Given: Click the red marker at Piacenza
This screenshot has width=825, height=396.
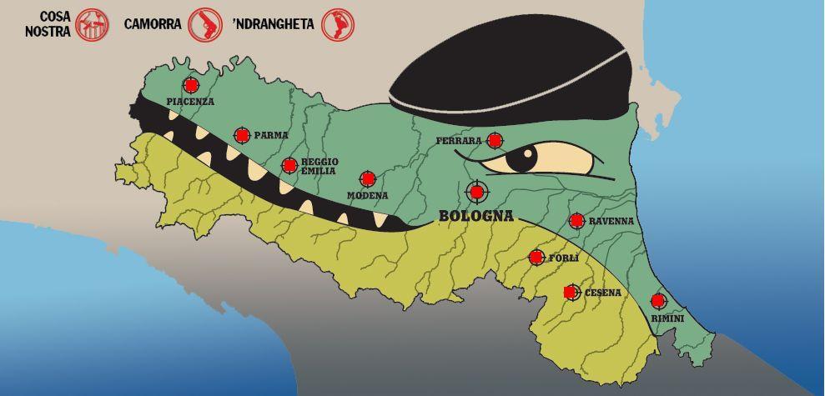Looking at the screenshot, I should coord(191,85).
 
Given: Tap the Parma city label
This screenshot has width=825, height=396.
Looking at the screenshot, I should coord(271,135).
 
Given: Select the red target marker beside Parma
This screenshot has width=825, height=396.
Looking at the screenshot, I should coord(242,134).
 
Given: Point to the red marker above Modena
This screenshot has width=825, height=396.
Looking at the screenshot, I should coord(367,178).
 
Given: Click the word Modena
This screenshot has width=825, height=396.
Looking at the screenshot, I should coord(367,195).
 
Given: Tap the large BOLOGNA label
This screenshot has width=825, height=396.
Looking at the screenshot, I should coord(475,217).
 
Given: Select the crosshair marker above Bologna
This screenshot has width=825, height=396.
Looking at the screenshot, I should coord(476,193).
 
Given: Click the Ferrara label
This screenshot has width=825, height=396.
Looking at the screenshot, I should coord(459,141).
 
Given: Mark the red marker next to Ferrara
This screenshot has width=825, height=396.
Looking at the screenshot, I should coord(495,140).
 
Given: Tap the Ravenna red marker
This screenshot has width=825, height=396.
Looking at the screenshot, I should coord(576,220).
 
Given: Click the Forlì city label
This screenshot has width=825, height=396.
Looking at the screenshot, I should coord(563,258).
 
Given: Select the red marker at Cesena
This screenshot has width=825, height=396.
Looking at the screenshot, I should coord(571,292).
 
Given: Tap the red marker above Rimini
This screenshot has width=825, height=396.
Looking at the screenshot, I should coord(658,300).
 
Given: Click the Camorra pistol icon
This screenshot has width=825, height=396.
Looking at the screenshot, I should coord(205,24).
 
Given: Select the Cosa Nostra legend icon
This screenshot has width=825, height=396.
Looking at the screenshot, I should coord(92,25).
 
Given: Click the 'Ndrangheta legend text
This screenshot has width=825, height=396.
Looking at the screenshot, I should coord(273,24).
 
